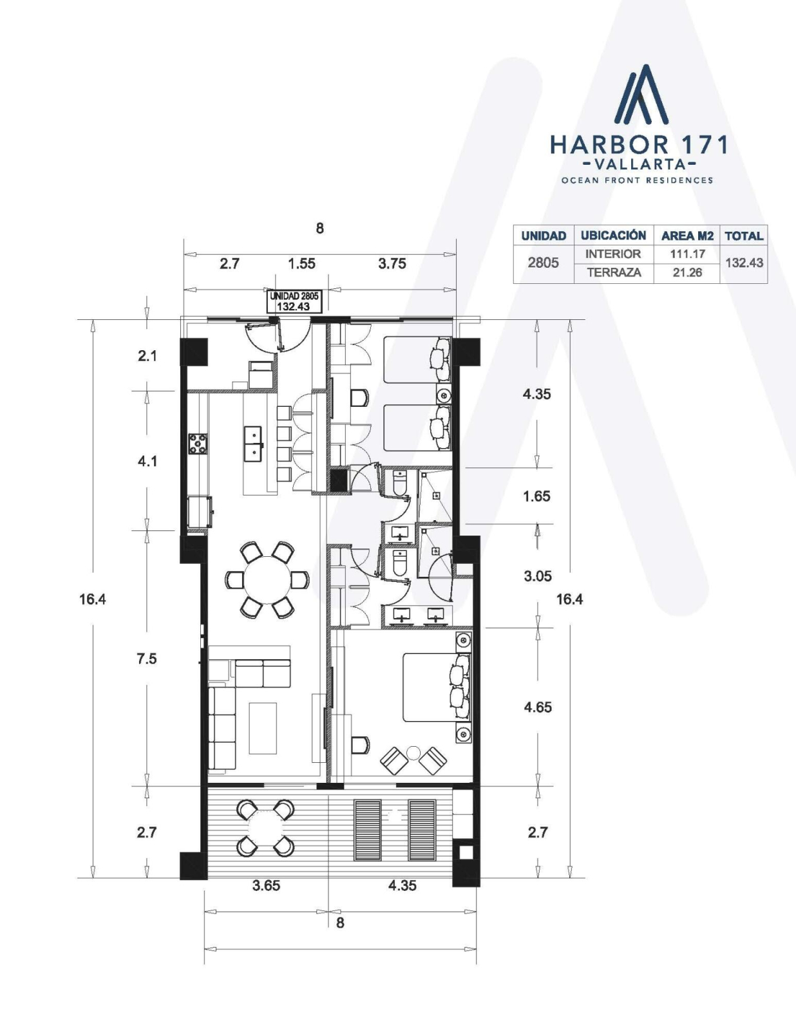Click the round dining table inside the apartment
pos(267,580)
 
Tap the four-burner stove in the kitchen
pos(198,444)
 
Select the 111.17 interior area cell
pos(687,254)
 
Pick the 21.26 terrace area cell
pos(687,272)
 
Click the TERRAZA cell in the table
pos(614,272)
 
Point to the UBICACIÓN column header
pos(614,236)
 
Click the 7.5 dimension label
pos(147,659)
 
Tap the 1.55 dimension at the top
pos(302,263)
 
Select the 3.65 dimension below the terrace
pos(266,885)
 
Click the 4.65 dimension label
pos(538,707)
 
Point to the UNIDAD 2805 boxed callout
pos(294,301)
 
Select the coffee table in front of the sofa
pos(263,728)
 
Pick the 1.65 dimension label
pos(536,496)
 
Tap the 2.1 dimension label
pos(147,355)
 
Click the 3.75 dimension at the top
pos(392,263)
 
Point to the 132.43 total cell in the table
pos(744,263)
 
